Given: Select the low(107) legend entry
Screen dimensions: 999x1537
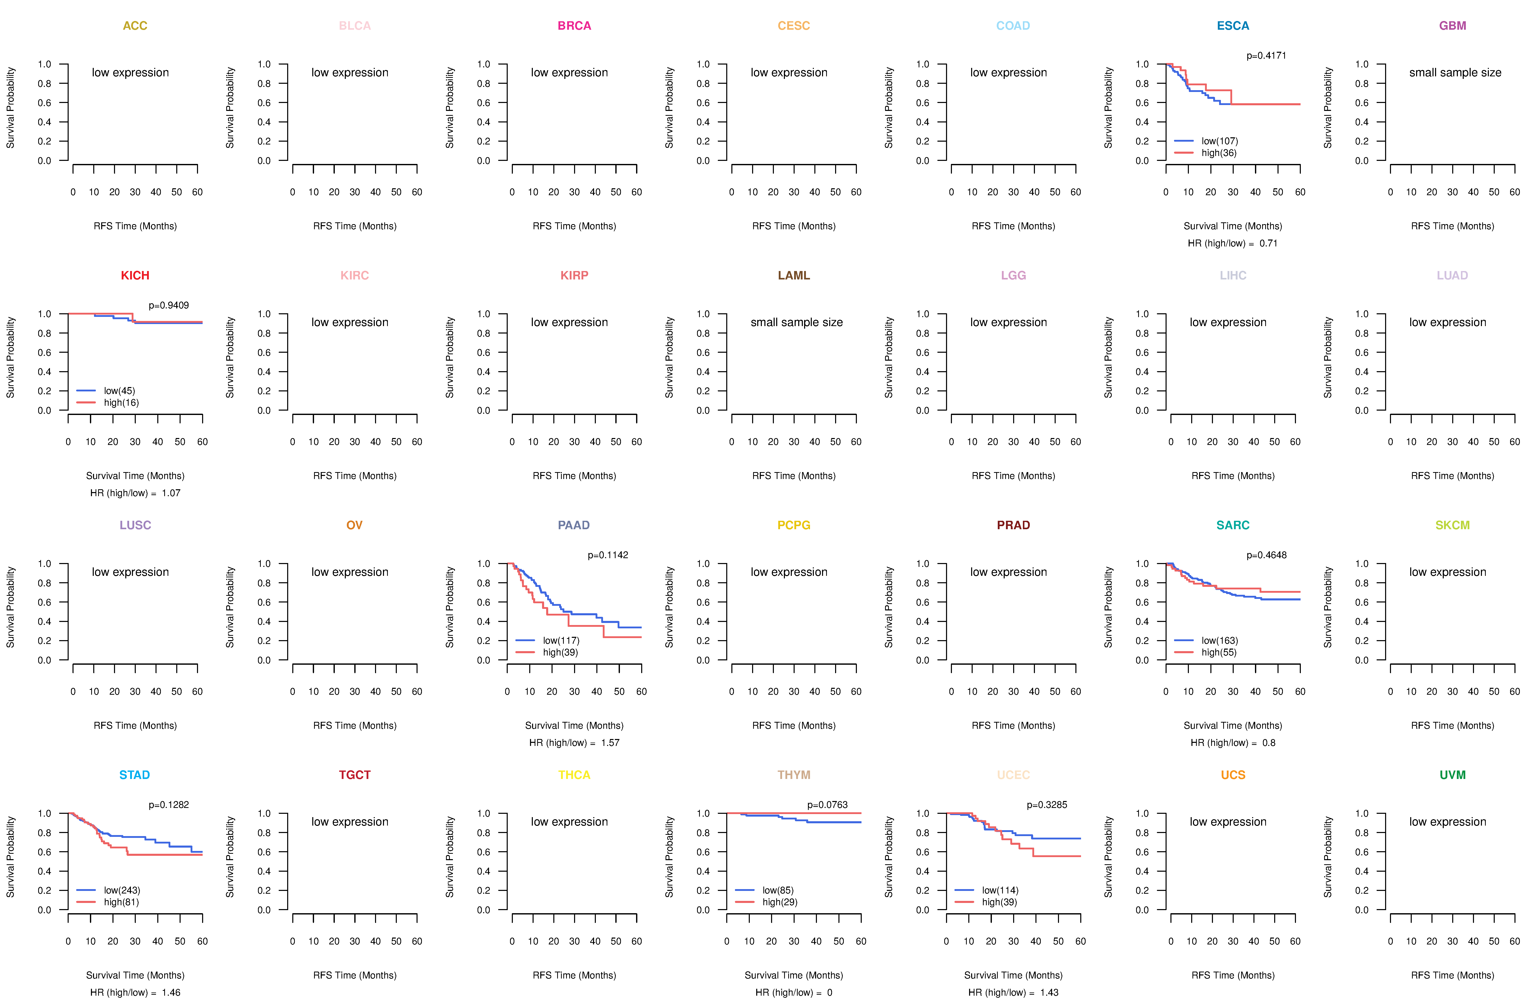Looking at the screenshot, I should [1219, 141].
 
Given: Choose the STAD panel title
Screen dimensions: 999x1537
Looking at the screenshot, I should [134, 775].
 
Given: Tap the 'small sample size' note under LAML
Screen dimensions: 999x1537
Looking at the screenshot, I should [796, 322].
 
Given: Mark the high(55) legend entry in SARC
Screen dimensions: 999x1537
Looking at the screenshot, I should [1219, 652].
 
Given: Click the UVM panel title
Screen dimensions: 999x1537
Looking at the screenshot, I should [1452, 775].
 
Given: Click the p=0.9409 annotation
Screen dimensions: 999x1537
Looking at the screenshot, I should [169, 305].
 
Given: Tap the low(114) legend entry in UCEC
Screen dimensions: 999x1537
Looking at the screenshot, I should [1000, 890].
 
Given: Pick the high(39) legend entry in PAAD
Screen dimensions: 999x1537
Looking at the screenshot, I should [560, 652].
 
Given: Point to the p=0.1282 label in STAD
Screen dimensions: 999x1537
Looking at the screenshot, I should [169, 805].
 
